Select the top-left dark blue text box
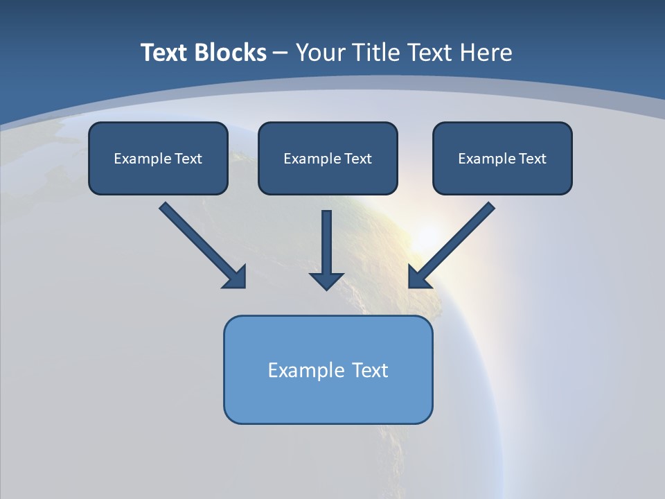point(158,158)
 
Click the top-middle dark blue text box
point(328,158)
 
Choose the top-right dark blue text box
point(502,158)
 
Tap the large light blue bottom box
point(328,369)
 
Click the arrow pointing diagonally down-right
point(201,243)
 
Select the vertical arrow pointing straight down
point(326,246)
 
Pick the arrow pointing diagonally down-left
point(454,243)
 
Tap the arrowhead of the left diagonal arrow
point(235,277)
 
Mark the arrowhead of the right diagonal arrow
point(420,277)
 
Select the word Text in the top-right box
point(533,159)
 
